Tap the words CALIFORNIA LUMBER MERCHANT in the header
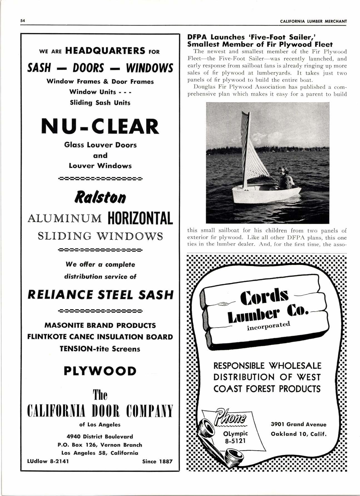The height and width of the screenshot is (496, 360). [313, 21]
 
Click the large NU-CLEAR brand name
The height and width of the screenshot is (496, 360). [100, 126]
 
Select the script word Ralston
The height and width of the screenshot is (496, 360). [100, 197]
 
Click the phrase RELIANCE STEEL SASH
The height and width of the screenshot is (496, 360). [100, 295]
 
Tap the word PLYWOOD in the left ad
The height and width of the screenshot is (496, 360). [100, 371]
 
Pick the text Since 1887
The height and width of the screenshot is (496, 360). [157, 461]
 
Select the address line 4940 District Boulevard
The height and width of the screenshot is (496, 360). [100, 437]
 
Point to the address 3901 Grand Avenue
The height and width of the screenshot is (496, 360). [298, 424]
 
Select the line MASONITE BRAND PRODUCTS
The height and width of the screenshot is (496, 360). [100, 325]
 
